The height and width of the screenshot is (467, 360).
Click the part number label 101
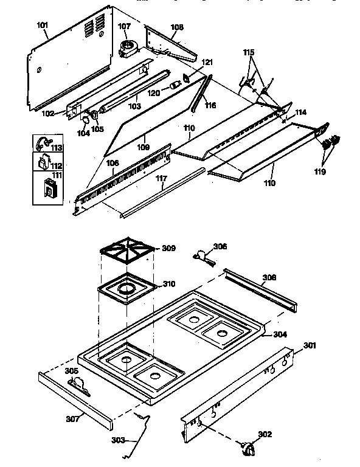coord(42,27)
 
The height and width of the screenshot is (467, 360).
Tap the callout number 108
coord(177,27)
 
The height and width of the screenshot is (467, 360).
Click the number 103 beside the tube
coord(135,106)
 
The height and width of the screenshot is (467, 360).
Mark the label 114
coord(300,113)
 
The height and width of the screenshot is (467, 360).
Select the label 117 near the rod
coord(161,179)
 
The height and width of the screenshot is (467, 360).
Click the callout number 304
coord(280,334)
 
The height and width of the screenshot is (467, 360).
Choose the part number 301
coord(310,346)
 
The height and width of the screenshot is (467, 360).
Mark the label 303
coord(119,440)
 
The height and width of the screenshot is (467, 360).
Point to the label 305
coord(72,370)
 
